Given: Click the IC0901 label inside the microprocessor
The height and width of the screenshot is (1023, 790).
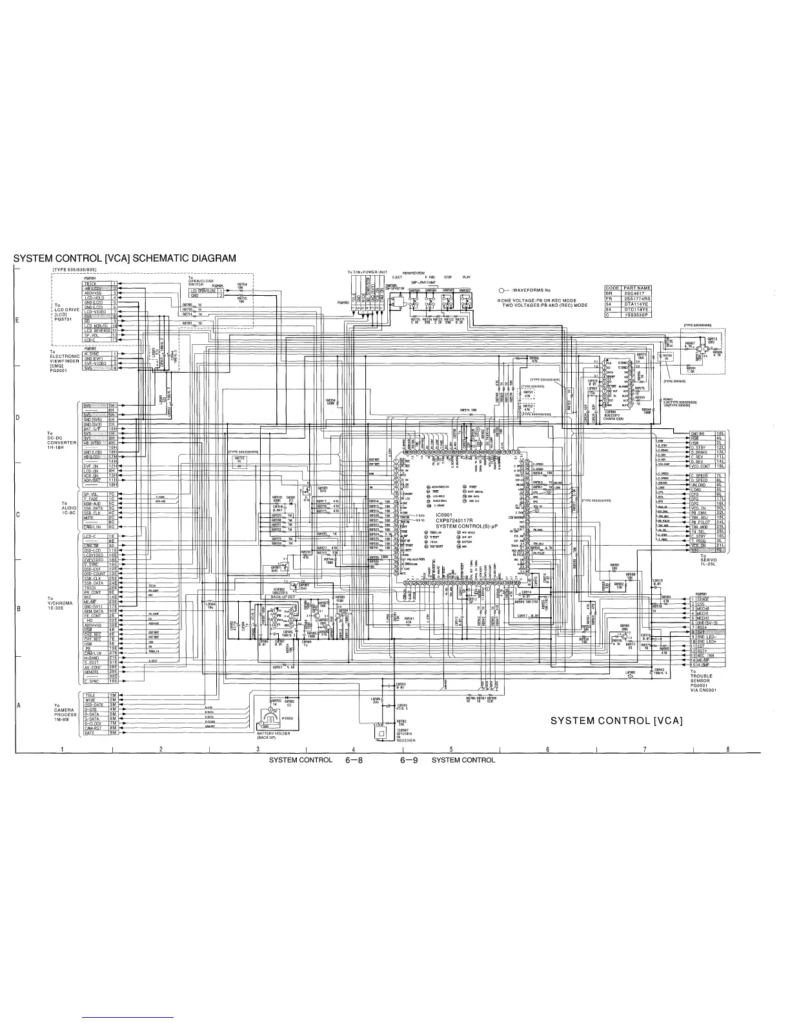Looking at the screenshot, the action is [445, 513].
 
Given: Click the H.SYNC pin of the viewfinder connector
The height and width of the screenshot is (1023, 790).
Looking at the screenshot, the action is [95, 354].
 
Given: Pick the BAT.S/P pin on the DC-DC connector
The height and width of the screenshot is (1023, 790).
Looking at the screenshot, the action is [94, 428].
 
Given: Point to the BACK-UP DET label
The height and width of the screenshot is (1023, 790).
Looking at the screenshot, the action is [283, 597].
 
